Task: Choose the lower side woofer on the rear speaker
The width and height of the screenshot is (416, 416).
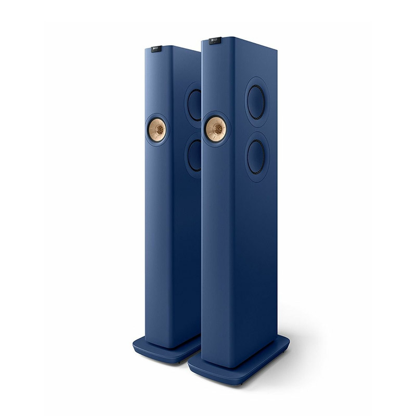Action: point(195,154)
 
